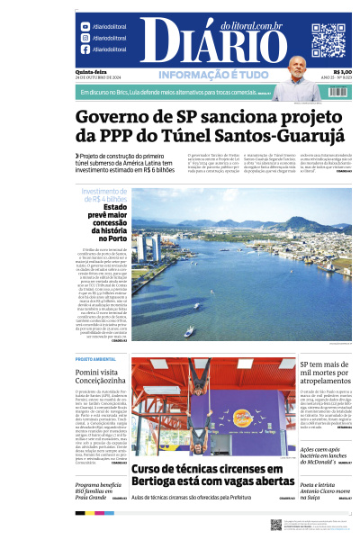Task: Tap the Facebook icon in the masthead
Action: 85,50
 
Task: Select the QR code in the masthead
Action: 328,40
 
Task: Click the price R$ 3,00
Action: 342,72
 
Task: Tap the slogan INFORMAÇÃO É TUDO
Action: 208,75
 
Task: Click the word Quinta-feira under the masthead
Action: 88,72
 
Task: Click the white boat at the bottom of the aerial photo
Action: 190,331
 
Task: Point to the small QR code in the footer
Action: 276,525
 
